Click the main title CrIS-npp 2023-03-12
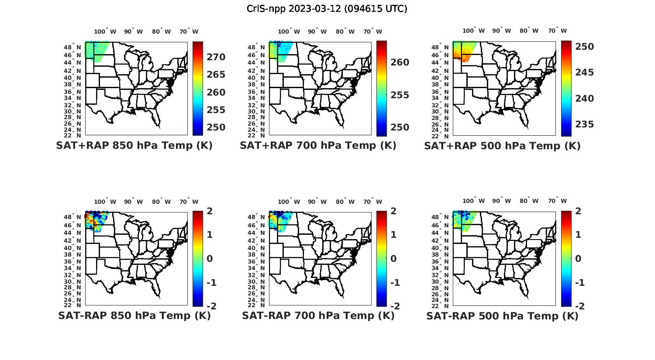pyautogui.click(x=327, y=9)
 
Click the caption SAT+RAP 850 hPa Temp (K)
pyautogui.click(x=134, y=146)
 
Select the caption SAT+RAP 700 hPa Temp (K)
pyautogui.click(x=318, y=146)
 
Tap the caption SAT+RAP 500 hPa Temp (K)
pyautogui.click(x=502, y=146)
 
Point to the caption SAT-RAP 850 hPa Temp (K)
pyautogui.click(x=134, y=315)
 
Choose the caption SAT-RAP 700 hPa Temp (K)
pyautogui.click(x=318, y=315)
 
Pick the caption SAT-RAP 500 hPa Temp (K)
pyautogui.click(x=502, y=315)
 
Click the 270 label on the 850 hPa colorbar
pyautogui.click(x=216, y=57)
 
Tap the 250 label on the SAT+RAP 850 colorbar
pyautogui.click(x=216, y=127)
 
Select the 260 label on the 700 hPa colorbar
pyautogui.click(x=400, y=62)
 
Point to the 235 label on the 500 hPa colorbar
pyautogui.click(x=584, y=124)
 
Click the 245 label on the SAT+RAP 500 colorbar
pyautogui.click(x=584, y=72)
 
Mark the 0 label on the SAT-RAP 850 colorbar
pyautogui.click(x=210, y=258)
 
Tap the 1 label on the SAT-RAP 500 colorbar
pyautogui.click(x=578, y=235)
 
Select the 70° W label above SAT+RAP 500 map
pyautogui.click(x=557, y=31)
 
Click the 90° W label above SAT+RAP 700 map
pyautogui.click(x=317, y=31)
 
